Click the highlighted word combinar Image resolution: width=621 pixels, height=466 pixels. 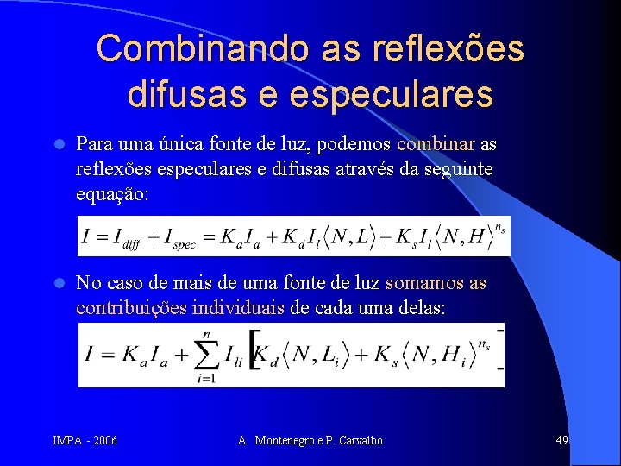click(x=436, y=143)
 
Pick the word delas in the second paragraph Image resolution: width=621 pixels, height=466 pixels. click(x=423, y=308)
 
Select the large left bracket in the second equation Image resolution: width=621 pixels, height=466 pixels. click(x=254, y=356)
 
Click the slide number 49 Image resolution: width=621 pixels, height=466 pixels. click(x=561, y=441)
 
